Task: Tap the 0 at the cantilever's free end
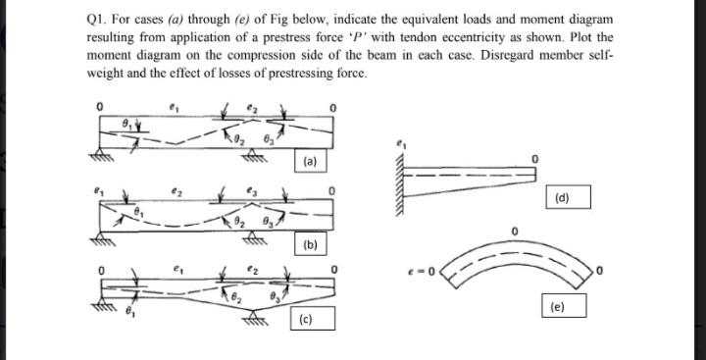coord(534,157)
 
